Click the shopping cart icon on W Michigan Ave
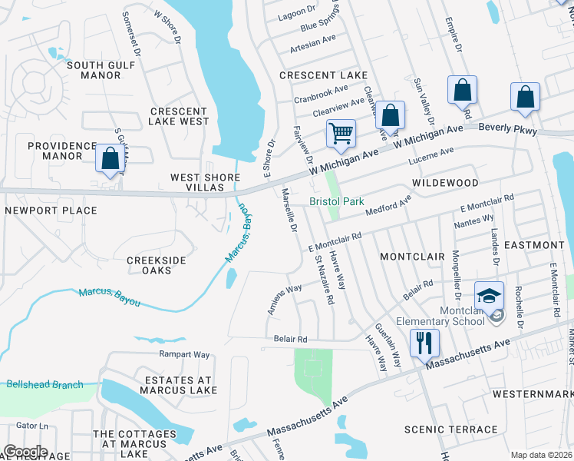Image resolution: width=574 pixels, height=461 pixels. (x=341, y=132)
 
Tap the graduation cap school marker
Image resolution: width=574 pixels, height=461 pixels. (x=488, y=297)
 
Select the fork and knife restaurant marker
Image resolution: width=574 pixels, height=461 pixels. (x=424, y=340)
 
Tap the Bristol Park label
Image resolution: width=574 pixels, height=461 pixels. (x=336, y=202)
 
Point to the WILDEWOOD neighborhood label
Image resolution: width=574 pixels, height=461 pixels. (x=444, y=183)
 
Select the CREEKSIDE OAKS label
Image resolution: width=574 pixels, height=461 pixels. (x=157, y=266)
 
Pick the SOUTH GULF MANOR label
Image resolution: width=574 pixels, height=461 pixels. (x=106, y=70)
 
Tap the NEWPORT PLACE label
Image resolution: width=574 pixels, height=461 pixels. (x=51, y=210)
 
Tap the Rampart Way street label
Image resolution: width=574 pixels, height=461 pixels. (x=184, y=354)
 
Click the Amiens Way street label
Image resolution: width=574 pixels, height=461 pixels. (x=284, y=300)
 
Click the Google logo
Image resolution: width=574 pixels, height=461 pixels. (x=25, y=452)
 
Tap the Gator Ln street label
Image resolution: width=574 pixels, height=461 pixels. (x=31, y=425)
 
